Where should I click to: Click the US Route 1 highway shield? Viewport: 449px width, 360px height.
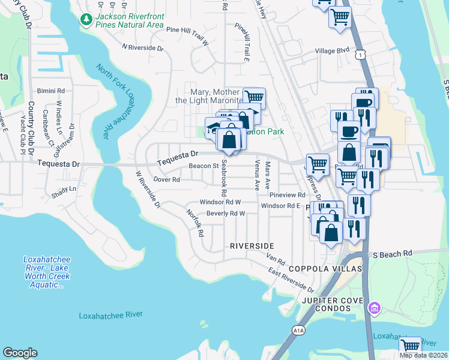point(359,54)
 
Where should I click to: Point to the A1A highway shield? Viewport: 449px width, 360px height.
point(298,330)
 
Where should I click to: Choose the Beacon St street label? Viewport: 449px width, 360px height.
point(203,166)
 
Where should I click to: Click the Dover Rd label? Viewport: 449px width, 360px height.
point(167,179)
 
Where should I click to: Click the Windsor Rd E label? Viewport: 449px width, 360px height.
point(280,206)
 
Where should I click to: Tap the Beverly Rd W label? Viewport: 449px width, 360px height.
point(226,214)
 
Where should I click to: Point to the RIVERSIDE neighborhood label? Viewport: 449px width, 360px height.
point(252,246)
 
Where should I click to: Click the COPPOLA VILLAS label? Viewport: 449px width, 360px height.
point(327,269)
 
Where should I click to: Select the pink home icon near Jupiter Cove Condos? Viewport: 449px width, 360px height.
point(375,308)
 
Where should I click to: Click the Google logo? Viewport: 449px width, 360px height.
point(20,353)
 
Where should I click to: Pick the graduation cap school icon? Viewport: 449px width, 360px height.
point(213,127)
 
